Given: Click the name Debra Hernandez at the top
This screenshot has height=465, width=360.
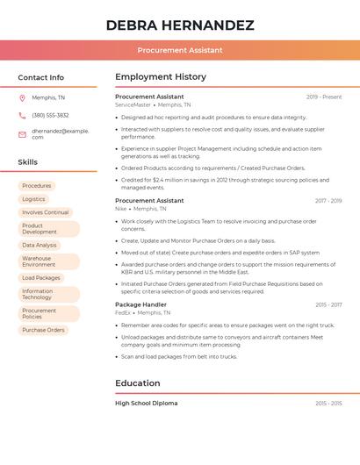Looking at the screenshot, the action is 180,25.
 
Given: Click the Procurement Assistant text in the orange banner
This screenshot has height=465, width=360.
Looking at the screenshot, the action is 180,51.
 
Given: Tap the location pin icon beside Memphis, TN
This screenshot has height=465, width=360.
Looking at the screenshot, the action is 22,97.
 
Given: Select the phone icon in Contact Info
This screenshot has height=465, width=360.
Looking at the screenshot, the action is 22,115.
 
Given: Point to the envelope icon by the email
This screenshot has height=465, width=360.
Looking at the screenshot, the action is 22,134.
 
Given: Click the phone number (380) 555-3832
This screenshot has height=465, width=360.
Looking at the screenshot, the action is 50,115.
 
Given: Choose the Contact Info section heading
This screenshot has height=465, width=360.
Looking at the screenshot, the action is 40,77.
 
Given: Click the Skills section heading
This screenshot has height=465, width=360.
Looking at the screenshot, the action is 27,162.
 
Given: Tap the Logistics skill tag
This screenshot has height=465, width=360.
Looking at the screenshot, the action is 33,199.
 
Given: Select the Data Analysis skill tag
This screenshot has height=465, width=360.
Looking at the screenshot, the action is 40,246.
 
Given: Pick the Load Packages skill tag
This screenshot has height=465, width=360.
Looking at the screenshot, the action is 41,278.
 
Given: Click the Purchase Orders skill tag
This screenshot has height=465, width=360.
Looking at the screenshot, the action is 43,330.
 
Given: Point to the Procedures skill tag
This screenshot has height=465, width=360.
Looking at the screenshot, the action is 37,186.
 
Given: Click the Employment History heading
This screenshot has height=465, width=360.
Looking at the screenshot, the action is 161,77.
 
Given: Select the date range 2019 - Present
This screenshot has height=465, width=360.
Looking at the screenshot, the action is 324,97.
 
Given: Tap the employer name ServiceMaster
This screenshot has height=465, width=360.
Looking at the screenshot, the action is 133,104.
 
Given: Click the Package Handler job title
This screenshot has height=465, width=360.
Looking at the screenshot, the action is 140,304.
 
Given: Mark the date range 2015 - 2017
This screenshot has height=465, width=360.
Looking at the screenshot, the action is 328,304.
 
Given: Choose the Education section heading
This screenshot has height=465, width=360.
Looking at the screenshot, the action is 138,383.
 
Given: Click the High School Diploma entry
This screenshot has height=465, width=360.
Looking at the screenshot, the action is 146,403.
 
